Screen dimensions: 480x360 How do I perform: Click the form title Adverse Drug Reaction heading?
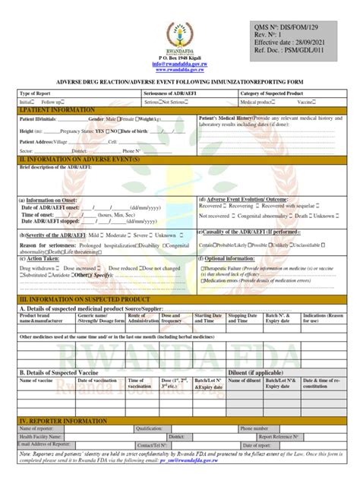point(180,80)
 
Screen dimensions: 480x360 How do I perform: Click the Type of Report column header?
point(37,92)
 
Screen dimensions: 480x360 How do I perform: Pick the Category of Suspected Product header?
point(271,92)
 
